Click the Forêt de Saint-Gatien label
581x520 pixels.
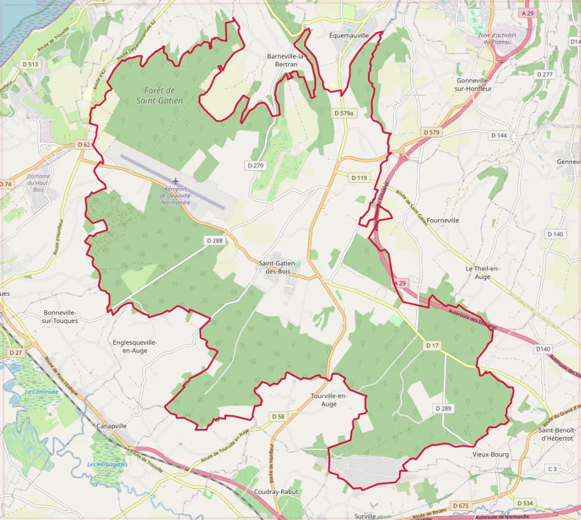click(160, 96)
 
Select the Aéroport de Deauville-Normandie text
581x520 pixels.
click(176, 194)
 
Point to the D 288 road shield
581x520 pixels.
click(214, 240)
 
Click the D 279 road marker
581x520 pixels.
click(255, 165)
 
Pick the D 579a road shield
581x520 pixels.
click(344, 113)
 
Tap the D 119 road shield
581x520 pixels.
click(359, 178)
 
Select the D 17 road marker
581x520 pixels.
click(432, 345)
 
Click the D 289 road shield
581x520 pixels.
click(443, 407)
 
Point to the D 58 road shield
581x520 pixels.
click(278, 416)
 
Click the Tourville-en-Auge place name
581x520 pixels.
click(329, 400)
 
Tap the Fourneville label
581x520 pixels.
click(443, 220)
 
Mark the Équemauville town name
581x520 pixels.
click(349, 36)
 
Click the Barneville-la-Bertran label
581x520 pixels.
click(286, 60)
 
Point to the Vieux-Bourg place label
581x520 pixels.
click(491, 454)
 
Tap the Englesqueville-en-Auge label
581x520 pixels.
click(134, 346)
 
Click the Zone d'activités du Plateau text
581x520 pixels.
click(498, 38)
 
